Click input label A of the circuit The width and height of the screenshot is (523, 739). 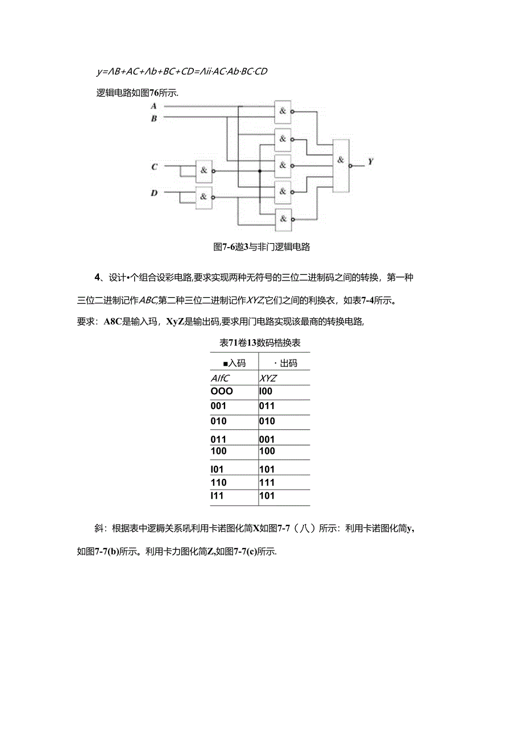[x=153, y=106]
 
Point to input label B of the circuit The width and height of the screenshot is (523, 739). [x=153, y=119]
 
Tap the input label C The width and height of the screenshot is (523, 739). [x=153, y=167]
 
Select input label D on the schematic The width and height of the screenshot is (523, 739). [x=153, y=193]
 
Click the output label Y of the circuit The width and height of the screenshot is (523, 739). [x=370, y=161]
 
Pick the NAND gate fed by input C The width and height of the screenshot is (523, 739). [x=203, y=170]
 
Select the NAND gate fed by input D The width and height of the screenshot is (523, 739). [x=203, y=197]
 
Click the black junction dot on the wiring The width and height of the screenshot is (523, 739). [x=260, y=170]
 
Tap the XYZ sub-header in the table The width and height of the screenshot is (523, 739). [x=268, y=378]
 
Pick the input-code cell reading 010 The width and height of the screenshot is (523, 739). [x=218, y=421]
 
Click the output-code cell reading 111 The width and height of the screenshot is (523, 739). [x=267, y=482]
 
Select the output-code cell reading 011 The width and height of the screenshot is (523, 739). [x=267, y=406]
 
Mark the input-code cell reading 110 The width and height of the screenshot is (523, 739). [x=218, y=482]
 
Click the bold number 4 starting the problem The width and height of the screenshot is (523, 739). [x=97, y=277]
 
